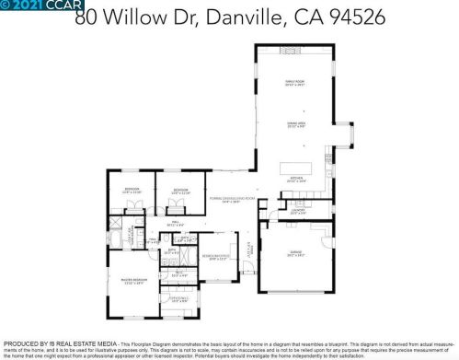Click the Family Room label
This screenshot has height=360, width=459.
point(294,83)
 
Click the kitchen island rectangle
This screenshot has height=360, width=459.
point(296,168)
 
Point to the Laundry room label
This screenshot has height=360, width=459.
point(297,211)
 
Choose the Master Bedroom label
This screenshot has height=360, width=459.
point(132,280)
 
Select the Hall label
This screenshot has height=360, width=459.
point(174,222)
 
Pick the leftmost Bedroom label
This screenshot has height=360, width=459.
point(132,191)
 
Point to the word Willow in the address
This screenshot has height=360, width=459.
point(137,17)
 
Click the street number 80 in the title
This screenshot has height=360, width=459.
point(86,17)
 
